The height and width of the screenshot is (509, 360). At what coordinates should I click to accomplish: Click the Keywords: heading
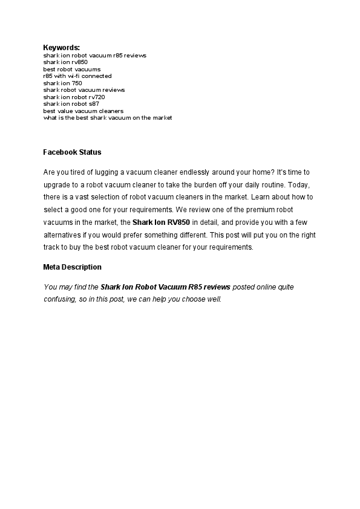click(61, 47)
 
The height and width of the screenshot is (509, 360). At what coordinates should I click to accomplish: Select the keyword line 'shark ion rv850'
click(65, 62)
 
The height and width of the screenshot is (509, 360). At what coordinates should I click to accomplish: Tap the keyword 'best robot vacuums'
click(72, 70)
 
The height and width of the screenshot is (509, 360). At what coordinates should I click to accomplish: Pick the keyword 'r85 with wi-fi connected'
click(77, 76)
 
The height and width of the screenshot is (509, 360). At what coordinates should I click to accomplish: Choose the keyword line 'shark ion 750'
click(62, 83)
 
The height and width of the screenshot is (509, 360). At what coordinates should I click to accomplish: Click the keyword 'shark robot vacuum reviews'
click(84, 90)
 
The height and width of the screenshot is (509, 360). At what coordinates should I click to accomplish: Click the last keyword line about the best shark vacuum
click(108, 118)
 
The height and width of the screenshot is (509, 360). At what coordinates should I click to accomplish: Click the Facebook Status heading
click(72, 152)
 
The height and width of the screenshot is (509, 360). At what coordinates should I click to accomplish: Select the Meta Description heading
click(72, 267)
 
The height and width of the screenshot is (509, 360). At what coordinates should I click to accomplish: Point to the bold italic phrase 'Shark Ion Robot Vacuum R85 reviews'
click(165, 287)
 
